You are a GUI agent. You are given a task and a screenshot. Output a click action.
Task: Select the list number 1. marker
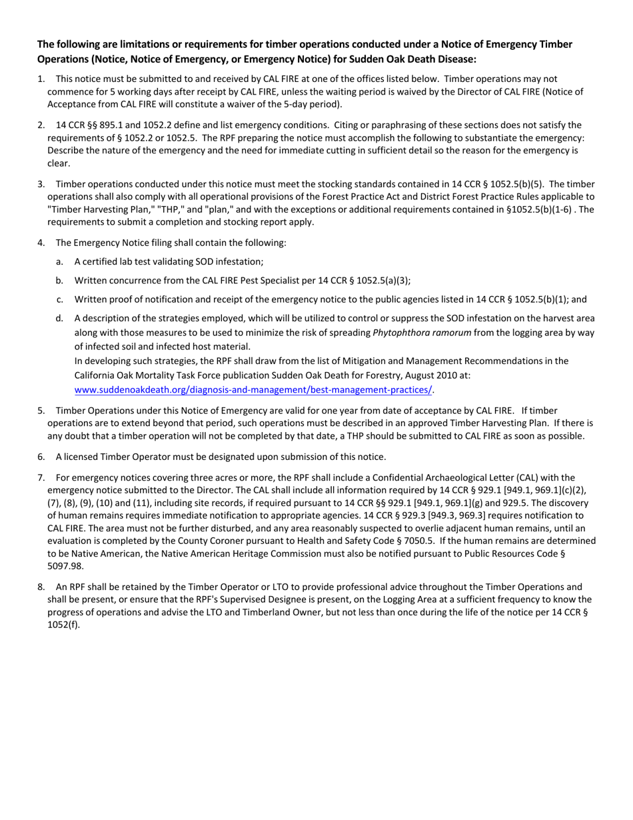tap(41, 79)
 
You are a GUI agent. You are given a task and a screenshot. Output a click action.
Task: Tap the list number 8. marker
tap(41, 587)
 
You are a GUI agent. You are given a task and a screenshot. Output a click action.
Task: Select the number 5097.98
tap(65, 566)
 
